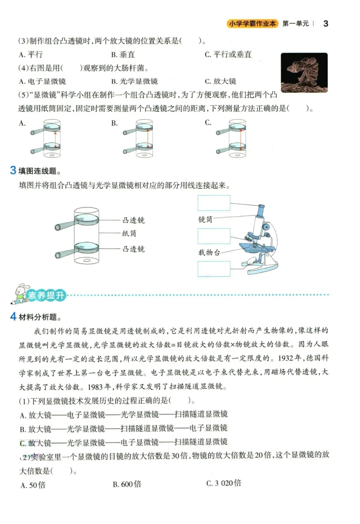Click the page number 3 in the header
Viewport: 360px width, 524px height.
(x=326, y=23)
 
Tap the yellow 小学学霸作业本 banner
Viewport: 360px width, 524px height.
(x=252, y=23)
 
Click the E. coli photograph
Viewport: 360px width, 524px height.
(x=304, y=72)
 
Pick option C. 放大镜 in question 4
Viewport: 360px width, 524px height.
(x=220, y=81)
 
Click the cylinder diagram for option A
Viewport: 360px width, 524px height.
(x=49, y=138)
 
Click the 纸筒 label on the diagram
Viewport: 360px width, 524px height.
(x=129, y=234)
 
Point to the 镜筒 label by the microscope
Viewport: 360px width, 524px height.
(x=205, y=220)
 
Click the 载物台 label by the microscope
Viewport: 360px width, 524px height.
(x=209, y=253)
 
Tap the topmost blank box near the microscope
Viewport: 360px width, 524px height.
(x=214, y=203)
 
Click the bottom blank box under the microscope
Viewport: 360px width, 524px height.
(x=214, y=269)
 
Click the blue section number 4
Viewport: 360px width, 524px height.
(x=13, y=317)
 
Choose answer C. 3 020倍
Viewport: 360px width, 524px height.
(x=224, y=483)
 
